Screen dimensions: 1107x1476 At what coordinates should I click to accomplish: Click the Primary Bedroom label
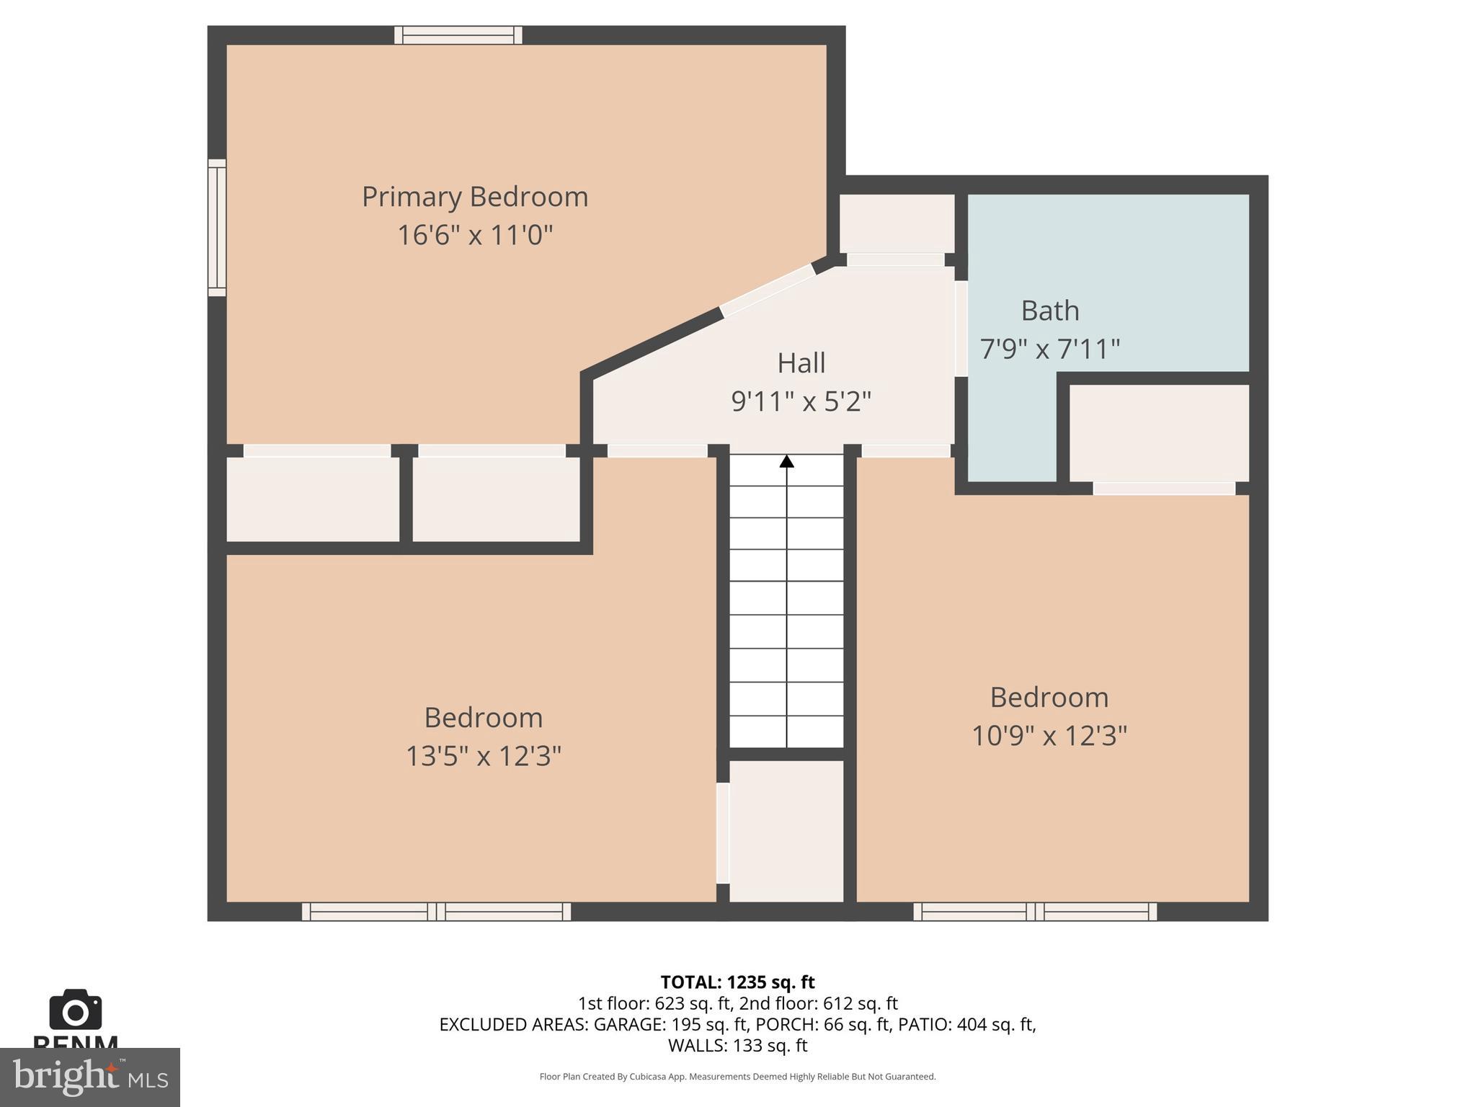tap(474, 197)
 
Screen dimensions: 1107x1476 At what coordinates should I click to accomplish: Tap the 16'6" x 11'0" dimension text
tap(474, 235)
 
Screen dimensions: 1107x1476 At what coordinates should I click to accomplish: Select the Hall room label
tap(801, 363)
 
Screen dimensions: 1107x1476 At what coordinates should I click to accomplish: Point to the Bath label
tap(1049, 311)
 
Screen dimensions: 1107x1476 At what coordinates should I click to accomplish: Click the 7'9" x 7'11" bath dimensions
tap(1049, 349)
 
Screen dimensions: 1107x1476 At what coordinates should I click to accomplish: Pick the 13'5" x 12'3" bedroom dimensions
tap(483, 756)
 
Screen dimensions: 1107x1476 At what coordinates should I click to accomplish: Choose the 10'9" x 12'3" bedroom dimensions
tap(1049, 736)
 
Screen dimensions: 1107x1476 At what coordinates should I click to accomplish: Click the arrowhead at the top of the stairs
tap(786, 461)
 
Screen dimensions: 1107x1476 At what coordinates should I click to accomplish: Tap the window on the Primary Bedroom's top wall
tap(458, 35)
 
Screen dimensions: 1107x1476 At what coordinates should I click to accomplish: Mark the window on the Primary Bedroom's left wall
tap(217, 228)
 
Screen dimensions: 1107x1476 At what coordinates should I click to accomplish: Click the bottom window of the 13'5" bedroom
tap(436, 912)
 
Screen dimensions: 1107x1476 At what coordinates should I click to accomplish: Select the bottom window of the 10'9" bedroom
tap(1035, 912)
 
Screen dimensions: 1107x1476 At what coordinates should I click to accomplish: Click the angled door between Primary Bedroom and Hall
tap(767, 290)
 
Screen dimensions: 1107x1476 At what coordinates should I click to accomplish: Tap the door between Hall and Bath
tap(961, 329)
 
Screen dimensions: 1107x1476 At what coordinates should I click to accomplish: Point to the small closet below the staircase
tap(786, 830)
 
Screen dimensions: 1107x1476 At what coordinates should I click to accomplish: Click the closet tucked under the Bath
tap(1158, 432)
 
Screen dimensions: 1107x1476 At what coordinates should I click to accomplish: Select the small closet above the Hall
tap(897, 223)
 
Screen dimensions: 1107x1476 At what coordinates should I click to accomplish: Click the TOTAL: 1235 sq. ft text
tap(737, 982)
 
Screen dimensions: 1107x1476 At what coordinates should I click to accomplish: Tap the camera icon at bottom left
tap(75, 1010)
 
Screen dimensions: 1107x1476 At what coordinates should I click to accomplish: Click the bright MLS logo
tap(89, 1077)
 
